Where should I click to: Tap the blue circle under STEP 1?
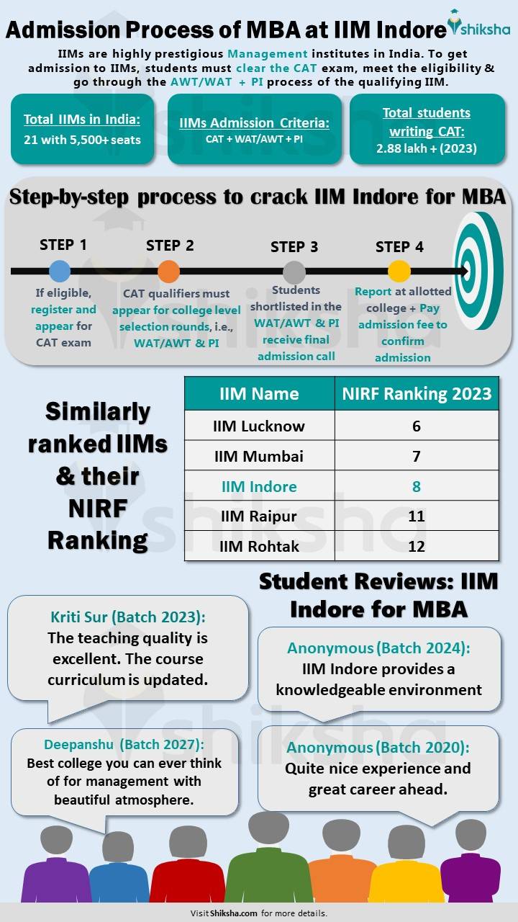(60, 272)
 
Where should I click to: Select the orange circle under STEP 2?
(168, 272)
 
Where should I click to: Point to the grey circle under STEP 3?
(294, 272)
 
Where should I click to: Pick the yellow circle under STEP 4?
(399, 272)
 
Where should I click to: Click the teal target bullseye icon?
(478, 272)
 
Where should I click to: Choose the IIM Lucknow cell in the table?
(259, 426)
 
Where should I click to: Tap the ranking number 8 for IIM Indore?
(417, 486)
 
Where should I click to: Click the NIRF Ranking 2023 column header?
(417, 393)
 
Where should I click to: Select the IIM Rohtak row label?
(259, 546)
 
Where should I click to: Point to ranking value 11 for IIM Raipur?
(417, 516)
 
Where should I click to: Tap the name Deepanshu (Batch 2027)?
(124, 745)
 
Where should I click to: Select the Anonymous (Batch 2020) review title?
(378, 748)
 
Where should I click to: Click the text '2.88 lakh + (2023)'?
(426, 148)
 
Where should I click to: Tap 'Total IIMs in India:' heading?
(81, 120)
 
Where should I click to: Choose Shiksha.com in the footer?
(234, 913)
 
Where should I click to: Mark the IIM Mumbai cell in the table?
(259, 456)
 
